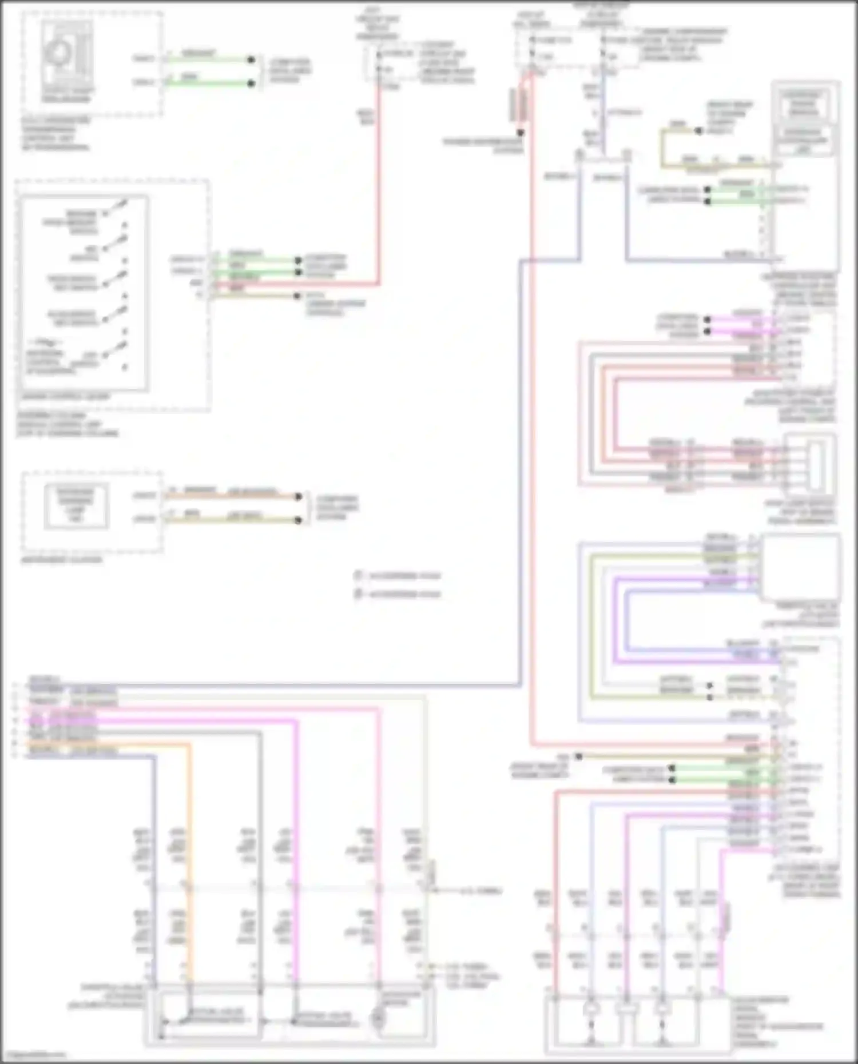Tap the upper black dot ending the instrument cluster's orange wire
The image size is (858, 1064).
298,496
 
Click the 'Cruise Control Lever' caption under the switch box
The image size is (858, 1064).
65,396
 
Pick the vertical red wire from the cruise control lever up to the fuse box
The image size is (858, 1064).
378,183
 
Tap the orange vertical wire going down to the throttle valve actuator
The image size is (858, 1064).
189,858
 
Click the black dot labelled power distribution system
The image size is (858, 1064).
521,133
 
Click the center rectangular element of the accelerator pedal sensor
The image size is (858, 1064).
626,1010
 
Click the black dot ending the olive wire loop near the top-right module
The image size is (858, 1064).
698,131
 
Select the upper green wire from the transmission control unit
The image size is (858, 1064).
209,59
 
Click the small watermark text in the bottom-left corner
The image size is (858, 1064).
34,1055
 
